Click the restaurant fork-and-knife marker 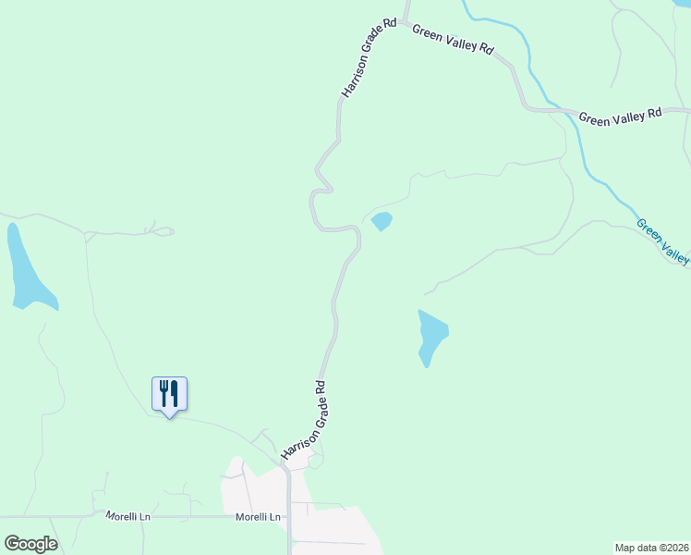point(169,394)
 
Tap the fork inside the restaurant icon point(164,393)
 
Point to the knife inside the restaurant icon point(175,393)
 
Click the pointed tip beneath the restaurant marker point(169,417)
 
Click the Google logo point(30,544)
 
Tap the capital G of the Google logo point(12,543)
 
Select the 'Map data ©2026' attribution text point(651,548)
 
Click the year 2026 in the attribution point(673,548)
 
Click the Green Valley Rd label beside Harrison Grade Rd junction point(454,40)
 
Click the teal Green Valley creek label point(663,241)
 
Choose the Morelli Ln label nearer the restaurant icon point(127,515)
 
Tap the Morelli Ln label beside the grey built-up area point(258,517)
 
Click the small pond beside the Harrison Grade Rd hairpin point(382,221)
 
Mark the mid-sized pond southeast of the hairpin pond point(431,335)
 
